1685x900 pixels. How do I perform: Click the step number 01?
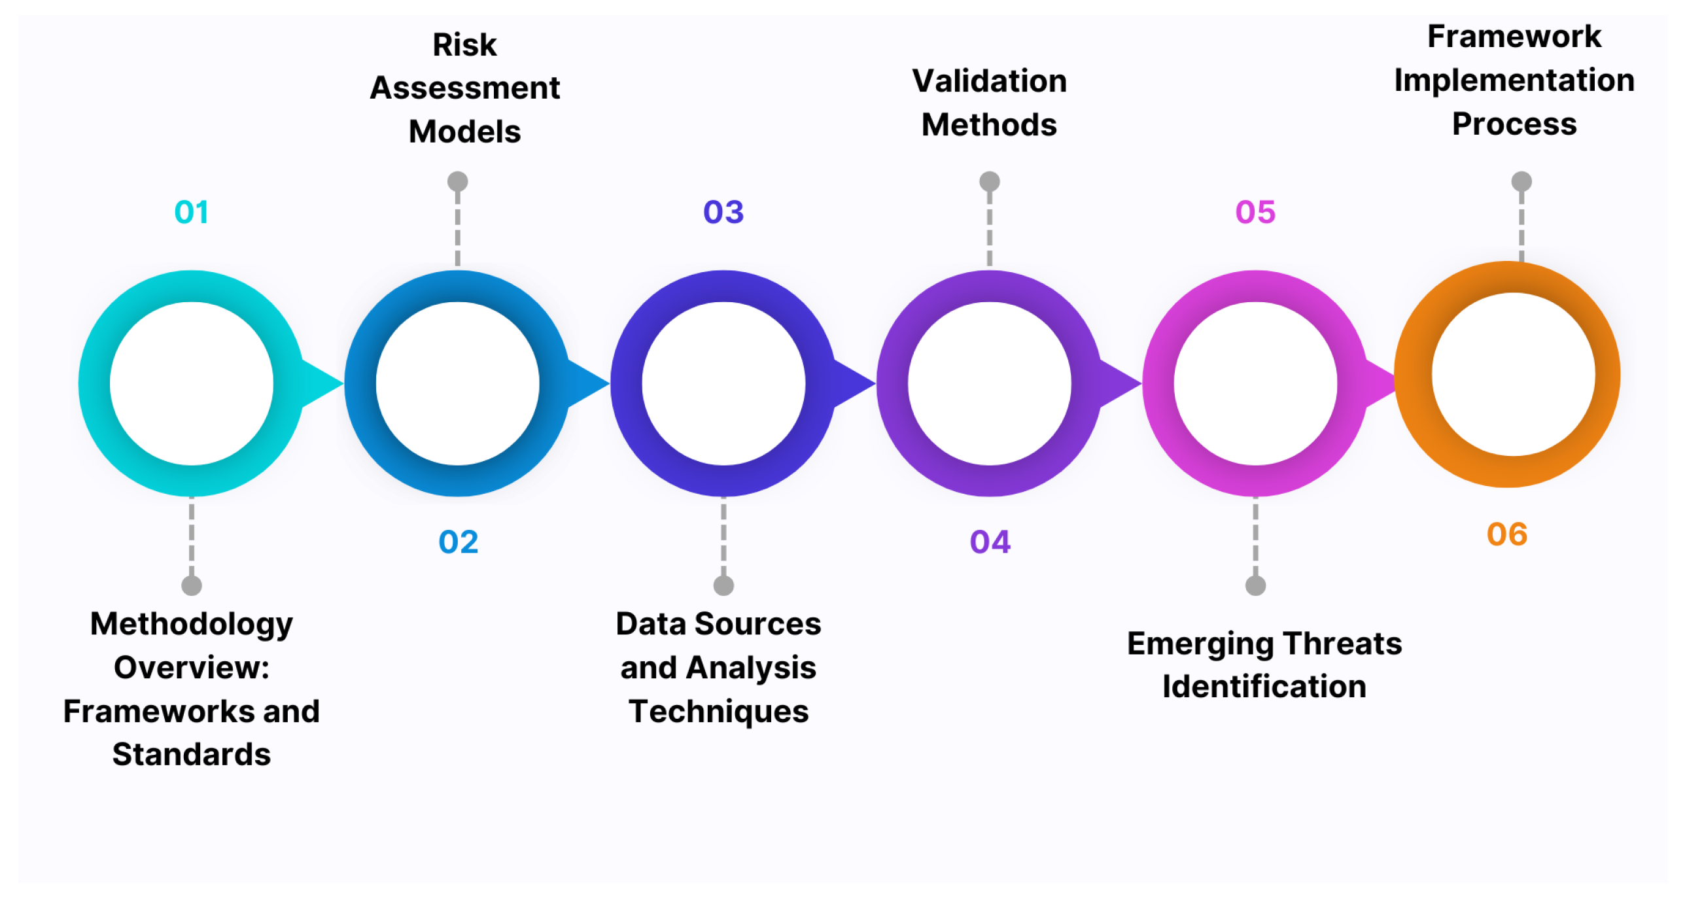pyautogui.click(x=191, y=212)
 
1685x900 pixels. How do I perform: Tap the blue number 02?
pyautogui.click(x=458, y=542)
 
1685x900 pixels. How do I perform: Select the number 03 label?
pyautogui.click(x=723, y=212)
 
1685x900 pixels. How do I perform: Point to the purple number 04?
pyautogui.click(x=990, y=542)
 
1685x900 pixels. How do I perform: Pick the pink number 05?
pyautogui.click(x=1255, y=212)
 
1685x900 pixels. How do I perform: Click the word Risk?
pyautogui.click(x=464, y=44)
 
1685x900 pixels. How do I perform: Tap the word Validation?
pyautogui.click(x=989, y=81)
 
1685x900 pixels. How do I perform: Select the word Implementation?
pyautogui.click(x=1514, y=80)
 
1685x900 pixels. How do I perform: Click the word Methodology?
pyautogui.click(x=191, y=624)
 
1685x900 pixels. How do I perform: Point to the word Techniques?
pyautogui.click(x=718, y=711)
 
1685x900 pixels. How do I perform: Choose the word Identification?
pyautogui.click(x=1264, y=687)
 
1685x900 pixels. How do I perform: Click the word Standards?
pyautogui.click(x=191, y=754)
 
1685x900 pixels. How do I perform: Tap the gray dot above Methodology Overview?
pyautogui.click(x=191, y=585)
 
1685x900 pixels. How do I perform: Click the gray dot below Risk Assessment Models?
pyautogui.click(x=457, y=181)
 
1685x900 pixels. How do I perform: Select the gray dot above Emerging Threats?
pyautogui.click(x=1255, y=585)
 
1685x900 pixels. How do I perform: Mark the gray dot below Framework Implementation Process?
pyautogui.click(x=1521, y=181)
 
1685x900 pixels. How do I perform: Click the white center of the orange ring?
pyautogui.click(x=1513, y=374)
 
